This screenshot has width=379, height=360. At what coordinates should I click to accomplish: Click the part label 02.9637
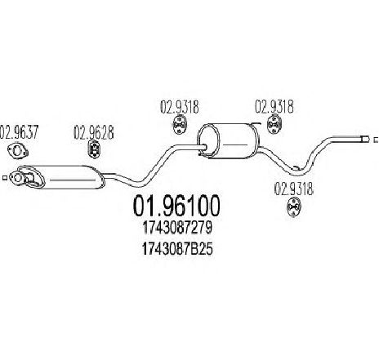[19, 132]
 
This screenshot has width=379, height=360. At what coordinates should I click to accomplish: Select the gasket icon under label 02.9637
[18, 150]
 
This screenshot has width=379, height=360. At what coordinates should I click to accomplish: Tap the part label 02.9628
[94, 132]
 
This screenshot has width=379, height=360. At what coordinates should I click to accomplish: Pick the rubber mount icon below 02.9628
[94, 149]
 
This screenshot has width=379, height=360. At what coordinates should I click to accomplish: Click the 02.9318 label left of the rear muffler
[180, 107]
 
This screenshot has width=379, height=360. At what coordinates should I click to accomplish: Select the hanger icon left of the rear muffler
[180, 125]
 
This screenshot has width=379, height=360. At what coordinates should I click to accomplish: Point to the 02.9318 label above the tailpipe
[274, 106]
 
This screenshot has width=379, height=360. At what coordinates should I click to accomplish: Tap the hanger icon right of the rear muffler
[274, 125]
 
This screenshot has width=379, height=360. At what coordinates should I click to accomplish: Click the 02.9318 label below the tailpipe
[294, 189]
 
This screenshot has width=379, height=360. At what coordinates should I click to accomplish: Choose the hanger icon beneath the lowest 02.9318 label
[293, 207]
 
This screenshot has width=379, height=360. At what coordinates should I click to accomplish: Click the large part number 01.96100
[176, 206]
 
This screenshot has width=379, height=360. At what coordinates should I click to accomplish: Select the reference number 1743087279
[177, 229]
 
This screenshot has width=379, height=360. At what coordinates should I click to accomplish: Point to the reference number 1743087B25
[177, 249]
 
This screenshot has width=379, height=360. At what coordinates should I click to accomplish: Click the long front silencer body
[72, 177]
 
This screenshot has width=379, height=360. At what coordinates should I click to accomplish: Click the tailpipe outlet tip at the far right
[364, 140]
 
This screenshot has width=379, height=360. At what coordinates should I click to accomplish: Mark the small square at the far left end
[4, 178]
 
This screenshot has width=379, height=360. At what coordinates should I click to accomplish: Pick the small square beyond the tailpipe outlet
[376, 140]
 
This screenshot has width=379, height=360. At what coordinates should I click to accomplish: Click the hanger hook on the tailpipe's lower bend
[297, 168]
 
